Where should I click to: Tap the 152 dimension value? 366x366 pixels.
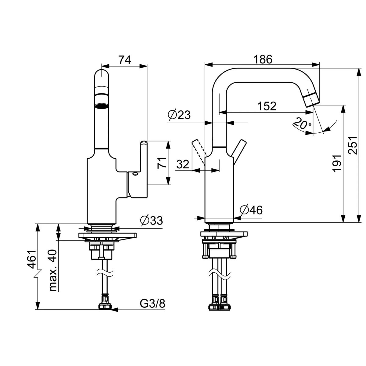pyautogui.click(x=266, y=106)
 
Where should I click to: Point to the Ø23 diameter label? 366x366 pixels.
pyautogui.click(x=179, y=115)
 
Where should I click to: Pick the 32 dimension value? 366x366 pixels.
pyautogui.click(x=183, y=164)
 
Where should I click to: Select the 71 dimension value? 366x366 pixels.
pyautogui.click(x=162, y=163)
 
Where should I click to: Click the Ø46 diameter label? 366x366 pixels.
pyautogui.click(x=251, y=210)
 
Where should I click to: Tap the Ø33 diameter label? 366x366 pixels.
pyautogui.click(x=151, y=220)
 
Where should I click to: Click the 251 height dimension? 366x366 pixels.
pyautogui.click(x=353, y=145)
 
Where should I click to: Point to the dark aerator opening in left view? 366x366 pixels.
pyautogui.click(x=101, y=106)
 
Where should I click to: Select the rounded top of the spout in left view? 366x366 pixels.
pyautogui.click(x=101, y=75)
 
